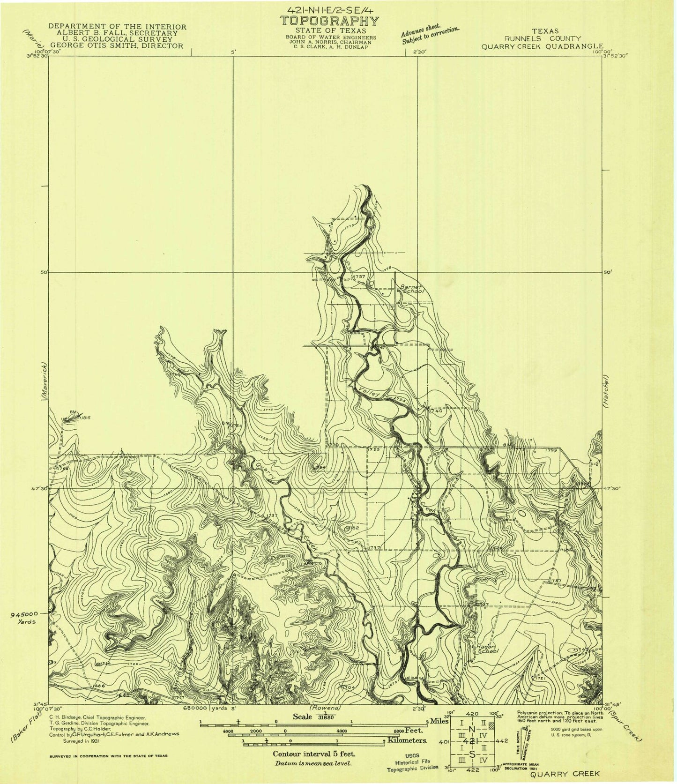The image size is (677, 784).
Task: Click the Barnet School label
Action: click(411, 288)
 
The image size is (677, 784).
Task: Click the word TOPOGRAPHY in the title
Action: click(329, 21)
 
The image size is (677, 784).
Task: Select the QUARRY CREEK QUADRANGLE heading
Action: click(539, 46)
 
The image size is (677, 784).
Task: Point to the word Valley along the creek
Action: click(369, 392)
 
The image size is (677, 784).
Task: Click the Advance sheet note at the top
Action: click(430, 35)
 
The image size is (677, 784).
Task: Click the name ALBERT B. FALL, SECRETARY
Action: click(118, 33)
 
